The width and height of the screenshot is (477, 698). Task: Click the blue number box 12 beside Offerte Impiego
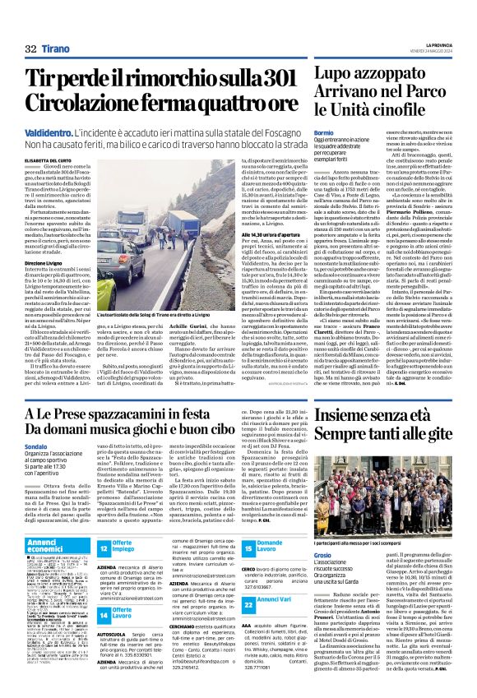(104, 548)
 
